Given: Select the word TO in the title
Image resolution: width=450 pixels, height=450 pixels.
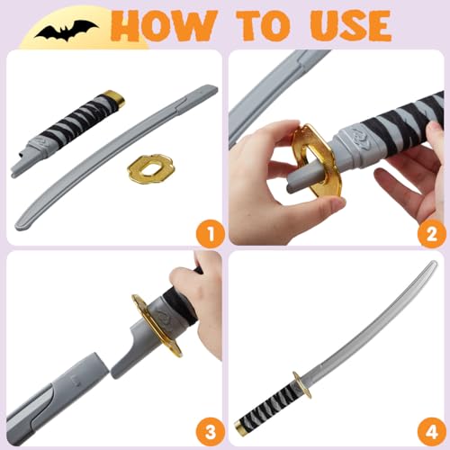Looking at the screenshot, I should click(x=253, y=24).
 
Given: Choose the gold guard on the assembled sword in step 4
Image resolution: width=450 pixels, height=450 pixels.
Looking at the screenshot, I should click(x=301, y=382).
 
